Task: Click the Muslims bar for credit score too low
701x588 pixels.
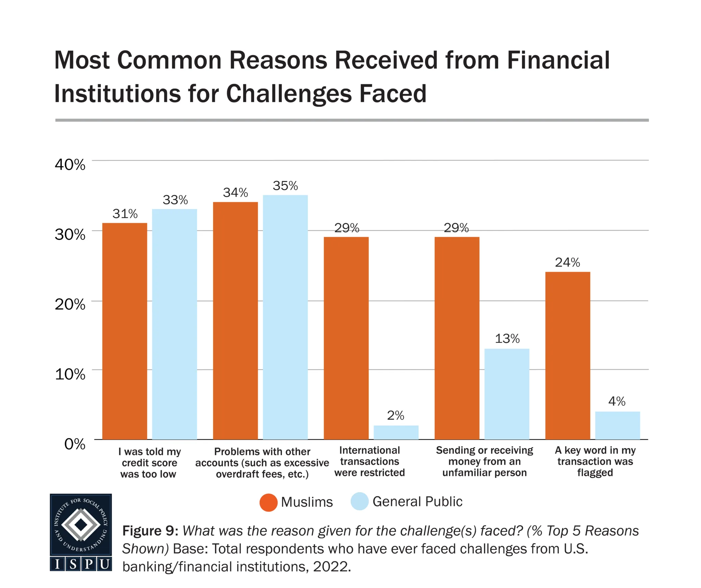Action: point(125,331)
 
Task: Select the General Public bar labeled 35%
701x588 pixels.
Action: point(285,317)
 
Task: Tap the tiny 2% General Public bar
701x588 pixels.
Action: point(396,432)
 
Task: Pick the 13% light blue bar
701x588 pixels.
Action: point(507,394)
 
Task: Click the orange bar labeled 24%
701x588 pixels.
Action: point(568,355)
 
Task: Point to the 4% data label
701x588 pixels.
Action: point(617,401)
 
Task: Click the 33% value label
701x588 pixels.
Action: point(175,200)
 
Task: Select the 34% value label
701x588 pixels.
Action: point(235,193)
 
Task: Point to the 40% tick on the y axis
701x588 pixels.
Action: point(70,165)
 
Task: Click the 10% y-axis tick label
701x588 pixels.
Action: point(70,374)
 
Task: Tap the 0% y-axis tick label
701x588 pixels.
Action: point(75,444)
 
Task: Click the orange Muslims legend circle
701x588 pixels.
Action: point(268,502)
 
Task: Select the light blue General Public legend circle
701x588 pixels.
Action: point(359,502)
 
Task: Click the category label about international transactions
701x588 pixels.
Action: point(369,461)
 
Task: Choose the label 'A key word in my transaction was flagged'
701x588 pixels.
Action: point(595,461)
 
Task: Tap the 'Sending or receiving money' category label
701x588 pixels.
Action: point(484,461)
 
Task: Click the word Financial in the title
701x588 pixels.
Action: point(558,60)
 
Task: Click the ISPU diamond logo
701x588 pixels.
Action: point(81,524)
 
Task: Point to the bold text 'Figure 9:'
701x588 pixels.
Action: point(150,531)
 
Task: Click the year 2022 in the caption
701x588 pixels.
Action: point(331,567)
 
